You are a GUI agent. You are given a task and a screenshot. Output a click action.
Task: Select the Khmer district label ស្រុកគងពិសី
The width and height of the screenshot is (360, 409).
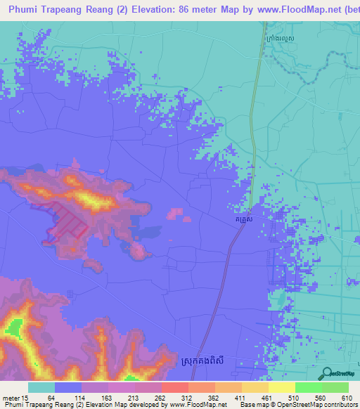pyautogui.click(x=214, y=368)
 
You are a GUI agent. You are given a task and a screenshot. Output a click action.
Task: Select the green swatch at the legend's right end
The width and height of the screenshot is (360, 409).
pyautogui.click(x=335, y=387)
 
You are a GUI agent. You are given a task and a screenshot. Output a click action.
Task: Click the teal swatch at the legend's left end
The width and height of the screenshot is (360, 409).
pyautogui.click(x=41, y=387)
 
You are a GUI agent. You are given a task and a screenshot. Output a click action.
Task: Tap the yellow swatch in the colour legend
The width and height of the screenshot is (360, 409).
pyautogui.click(x=281, y=387)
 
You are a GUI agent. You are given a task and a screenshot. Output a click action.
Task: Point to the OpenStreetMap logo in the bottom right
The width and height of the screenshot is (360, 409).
pyautogui.click(x=335, y=373)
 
